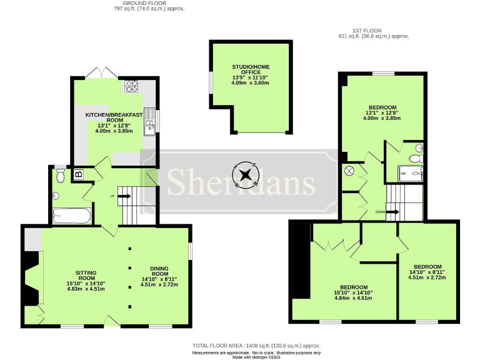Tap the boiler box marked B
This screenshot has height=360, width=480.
point(79,175)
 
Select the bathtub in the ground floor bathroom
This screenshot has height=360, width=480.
point(72,216)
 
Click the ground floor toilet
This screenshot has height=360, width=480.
point(60,176)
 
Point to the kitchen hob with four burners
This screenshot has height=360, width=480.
point(132,87)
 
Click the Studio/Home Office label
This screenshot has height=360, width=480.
point(250,74)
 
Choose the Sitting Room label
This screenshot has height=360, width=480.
point(86,279)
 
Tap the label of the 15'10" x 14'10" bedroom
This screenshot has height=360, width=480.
point(352,293)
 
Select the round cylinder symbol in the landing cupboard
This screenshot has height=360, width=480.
point(349,171)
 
